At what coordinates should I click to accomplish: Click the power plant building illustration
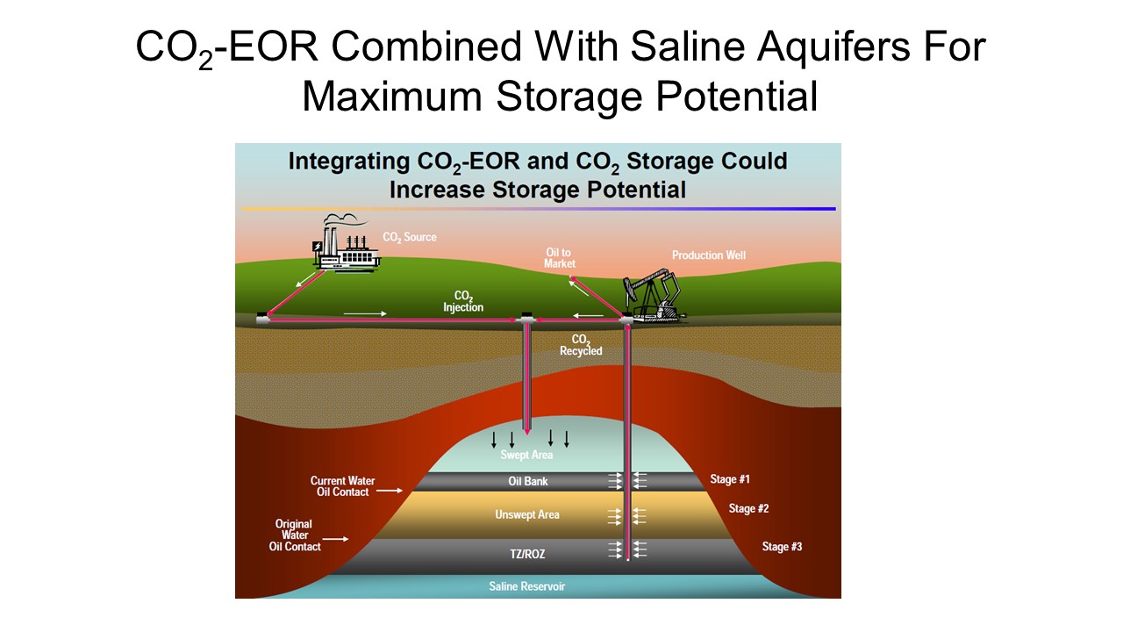(x=346, y=249)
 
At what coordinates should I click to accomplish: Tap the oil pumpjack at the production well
(x=654, y=296)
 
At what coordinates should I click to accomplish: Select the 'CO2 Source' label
(x=410, y=237)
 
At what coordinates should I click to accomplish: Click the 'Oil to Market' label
(x=560, y=258)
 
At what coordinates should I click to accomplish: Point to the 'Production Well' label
(x=708, y=255)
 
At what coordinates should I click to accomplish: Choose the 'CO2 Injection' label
(x=463, y=301)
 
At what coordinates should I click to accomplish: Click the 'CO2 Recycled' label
(x=581, y=345)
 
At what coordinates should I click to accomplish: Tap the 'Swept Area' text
(x=526, y=455)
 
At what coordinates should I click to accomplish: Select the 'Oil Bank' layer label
(x=528, y=482)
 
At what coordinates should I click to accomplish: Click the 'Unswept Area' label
(x=527, y=514)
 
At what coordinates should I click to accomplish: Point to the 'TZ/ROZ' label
(x=527, y=554)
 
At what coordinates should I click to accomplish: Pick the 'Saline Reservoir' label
(x=527, y=586)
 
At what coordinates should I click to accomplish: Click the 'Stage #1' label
(x=730, y=479)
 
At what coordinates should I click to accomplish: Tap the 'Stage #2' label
(x=748, y=508)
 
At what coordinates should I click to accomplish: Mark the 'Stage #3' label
(x=782, y=547)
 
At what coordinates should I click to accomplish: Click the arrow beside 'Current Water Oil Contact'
(x=390, y=490)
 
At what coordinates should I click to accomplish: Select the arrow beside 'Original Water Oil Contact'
(x=335, y=539)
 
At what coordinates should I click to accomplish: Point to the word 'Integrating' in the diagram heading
(x=349, y=162)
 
